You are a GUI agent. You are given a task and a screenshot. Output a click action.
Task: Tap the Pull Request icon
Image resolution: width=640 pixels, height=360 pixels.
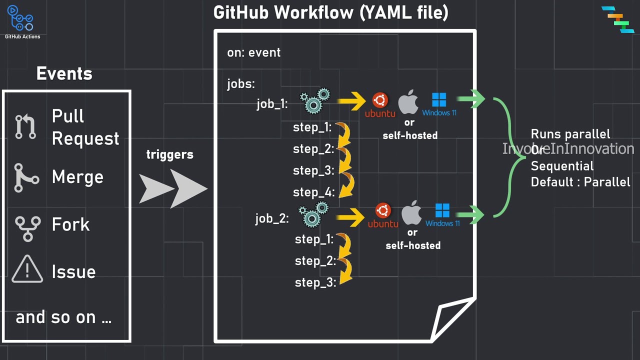[25, 126]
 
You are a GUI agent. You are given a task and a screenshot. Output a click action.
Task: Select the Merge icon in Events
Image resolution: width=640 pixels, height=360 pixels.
[25, 177]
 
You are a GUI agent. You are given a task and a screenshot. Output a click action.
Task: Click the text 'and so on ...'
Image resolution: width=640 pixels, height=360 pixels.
[63, 317]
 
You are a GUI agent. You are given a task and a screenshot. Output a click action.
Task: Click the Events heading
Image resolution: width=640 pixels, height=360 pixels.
[64, 74]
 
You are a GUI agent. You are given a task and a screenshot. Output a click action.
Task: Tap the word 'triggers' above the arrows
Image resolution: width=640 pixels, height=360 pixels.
[169, 154]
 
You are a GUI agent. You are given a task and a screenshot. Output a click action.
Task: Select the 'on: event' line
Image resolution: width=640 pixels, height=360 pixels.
[253, 52]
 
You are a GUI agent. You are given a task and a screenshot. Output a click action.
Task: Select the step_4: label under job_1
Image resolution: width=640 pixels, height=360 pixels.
[313, 192]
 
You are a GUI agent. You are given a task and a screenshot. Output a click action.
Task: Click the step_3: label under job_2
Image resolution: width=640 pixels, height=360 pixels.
[315, 282]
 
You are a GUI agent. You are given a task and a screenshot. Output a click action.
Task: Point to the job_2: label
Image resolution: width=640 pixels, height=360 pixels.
[272, 218]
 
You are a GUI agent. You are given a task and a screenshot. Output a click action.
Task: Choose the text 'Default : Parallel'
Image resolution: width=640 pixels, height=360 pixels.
[580, 182]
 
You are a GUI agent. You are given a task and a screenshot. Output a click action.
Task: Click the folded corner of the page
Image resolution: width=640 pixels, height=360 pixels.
[452, 320]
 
